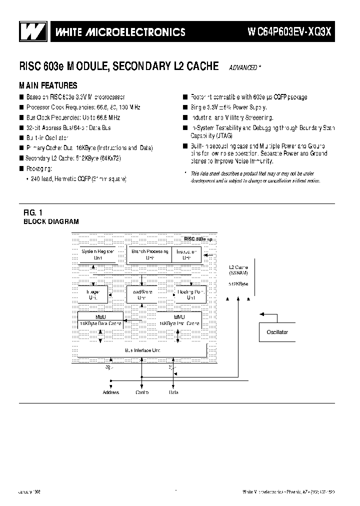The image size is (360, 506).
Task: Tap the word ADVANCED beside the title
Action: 244,67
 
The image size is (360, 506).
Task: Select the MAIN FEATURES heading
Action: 48,85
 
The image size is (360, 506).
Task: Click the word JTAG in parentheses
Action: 224,135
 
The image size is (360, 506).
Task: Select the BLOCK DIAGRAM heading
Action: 51,221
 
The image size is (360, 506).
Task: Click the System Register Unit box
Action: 98,254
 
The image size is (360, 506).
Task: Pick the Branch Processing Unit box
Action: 149,254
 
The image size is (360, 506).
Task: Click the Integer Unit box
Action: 93,294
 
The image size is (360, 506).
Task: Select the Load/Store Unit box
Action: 141,294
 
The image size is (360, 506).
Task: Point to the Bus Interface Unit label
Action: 142,351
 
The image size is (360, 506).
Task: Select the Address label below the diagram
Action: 111,392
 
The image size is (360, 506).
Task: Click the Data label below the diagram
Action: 173,392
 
